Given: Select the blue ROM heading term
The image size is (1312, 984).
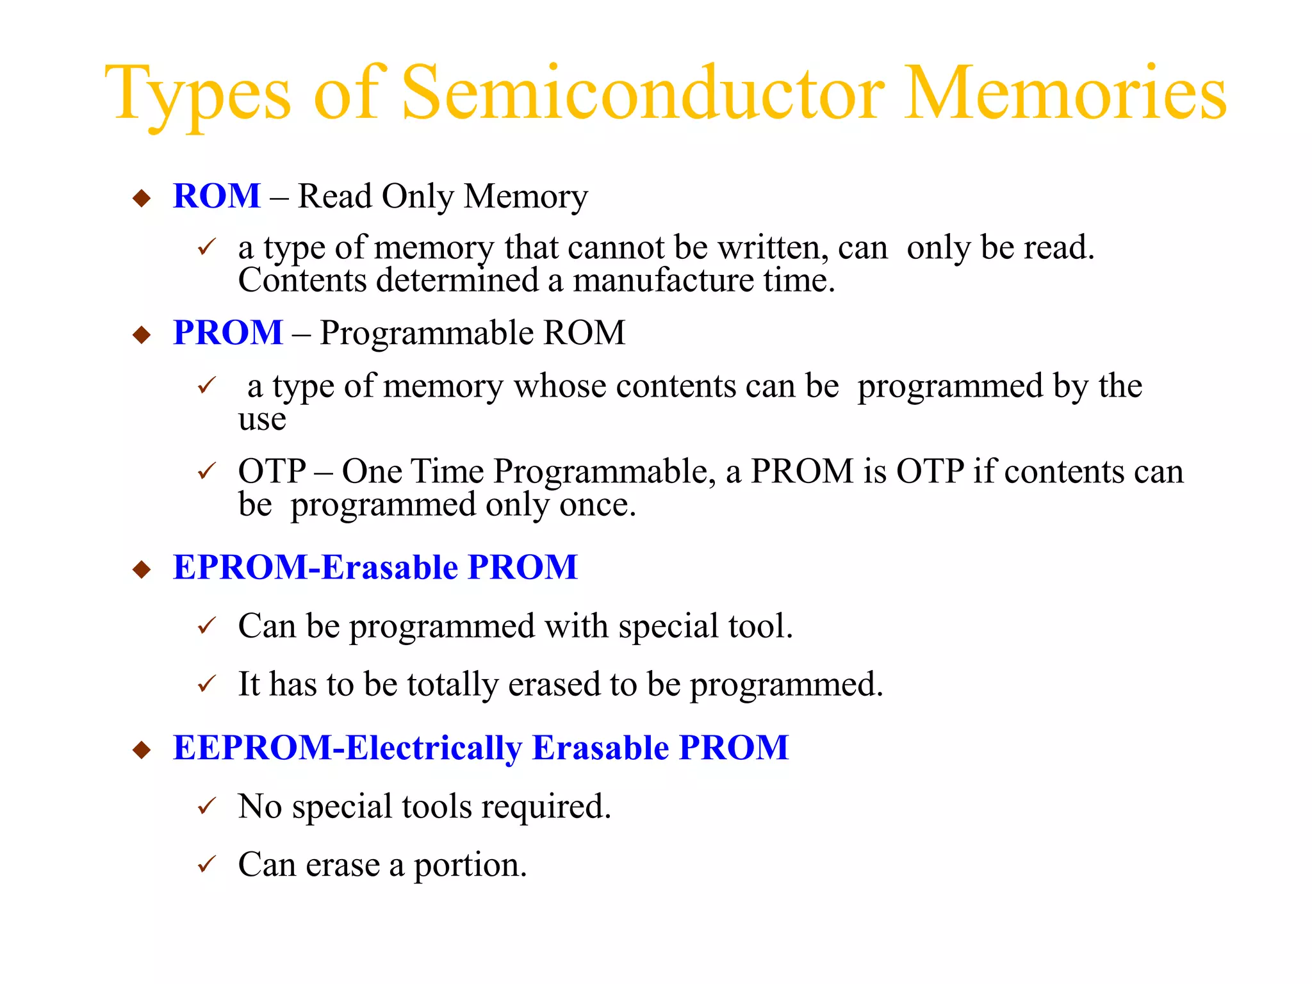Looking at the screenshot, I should (x=217, y=196).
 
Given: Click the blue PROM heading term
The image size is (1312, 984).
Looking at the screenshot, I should (x=228, y=333).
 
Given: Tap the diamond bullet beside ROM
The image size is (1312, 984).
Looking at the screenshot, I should (x=141, y=197).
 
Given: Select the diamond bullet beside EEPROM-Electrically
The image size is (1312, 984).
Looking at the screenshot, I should (x=141, y=750).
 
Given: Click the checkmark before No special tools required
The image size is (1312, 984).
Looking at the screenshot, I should (x=207, y=806).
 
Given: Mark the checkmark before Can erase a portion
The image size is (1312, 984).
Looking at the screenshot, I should (x=207, y=864).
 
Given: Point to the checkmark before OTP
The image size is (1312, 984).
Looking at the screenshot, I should (x=207, y=471).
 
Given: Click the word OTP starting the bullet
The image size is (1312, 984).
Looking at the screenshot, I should (x=272, y=471).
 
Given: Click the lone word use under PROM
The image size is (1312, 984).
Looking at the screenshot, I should (x=261, y=420).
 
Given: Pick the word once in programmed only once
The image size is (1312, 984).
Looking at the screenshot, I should (x=597, y=505).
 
